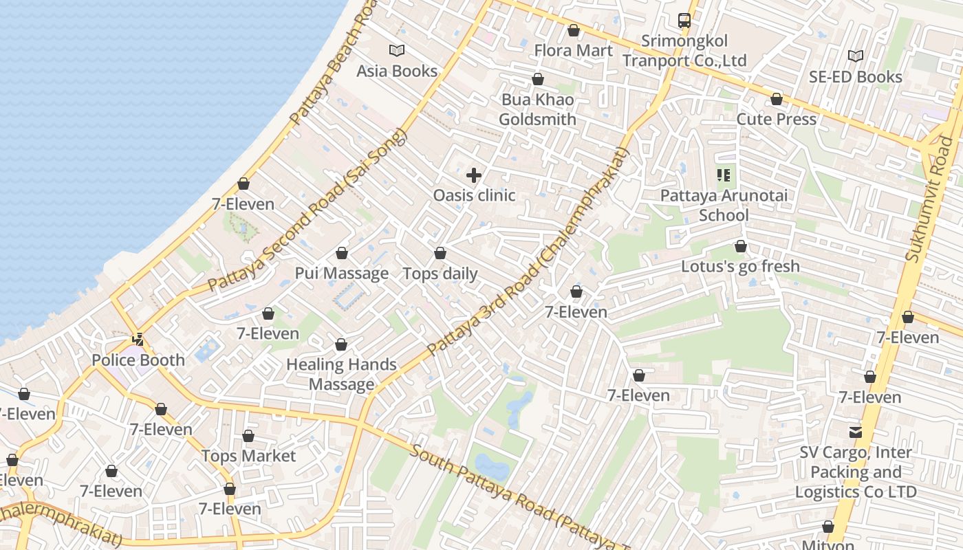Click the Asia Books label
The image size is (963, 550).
point(397,71)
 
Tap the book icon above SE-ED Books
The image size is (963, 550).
point(856,56)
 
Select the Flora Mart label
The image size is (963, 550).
point(573,50)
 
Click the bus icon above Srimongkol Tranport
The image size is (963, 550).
point(684,21)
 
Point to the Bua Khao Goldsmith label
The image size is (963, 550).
point(537,109)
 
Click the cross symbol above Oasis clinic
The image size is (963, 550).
point(474,175)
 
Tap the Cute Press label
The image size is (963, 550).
point(777,119)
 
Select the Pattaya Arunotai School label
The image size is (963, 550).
point(724,205)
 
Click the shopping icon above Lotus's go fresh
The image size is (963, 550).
point(741,246)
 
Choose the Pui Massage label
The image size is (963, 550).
point(342,273)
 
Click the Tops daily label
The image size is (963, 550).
point(440,273)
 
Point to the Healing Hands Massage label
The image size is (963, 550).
point(341,374)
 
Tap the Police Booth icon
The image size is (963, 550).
point(139,339)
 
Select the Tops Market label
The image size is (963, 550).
point(248,456)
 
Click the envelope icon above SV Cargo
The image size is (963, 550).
point(856,432)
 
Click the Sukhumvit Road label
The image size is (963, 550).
point(932,199)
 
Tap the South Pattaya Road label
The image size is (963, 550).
point(523,500)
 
